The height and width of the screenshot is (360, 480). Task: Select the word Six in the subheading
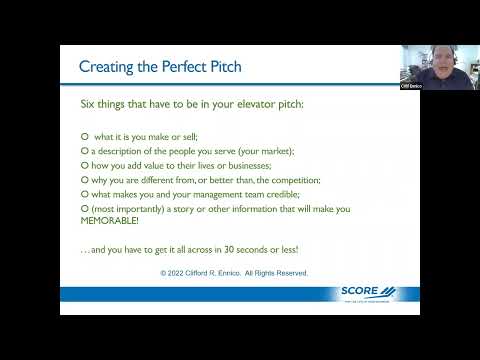89,104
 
